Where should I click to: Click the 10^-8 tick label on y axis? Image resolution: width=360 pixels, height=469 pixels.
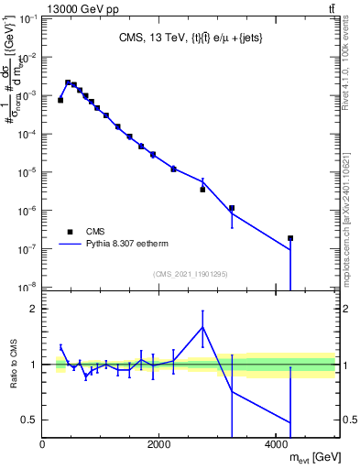27,288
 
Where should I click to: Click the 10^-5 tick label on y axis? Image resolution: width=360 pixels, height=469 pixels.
27,172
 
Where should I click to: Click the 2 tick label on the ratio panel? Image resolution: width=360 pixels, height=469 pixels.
34,309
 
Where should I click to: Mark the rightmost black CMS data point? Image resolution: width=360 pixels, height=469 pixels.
290,238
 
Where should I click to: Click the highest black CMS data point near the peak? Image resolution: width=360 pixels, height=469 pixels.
68,82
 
